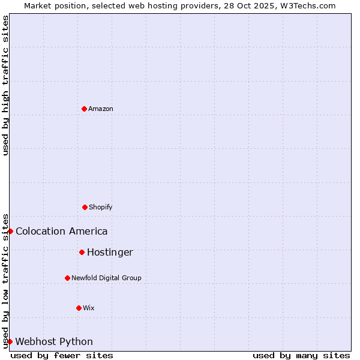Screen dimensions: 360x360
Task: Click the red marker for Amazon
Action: pyautogui.click(x=84, y=109)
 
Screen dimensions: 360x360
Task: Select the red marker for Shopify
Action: pyautogui.click(x=85, y=207)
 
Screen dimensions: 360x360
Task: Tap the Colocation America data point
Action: pyautogui.click(x=10, y=231)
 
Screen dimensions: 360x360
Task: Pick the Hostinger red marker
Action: pyautogui.click(x=82, y=252)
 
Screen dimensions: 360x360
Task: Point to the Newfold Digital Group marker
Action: pyautogui.click(x=67, y=278)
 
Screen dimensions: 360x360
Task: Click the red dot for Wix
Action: pyautogui.click(x=79, y=308)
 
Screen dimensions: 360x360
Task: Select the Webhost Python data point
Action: pyautogui.click(x=10, y=341)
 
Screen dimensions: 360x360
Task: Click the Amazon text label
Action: pyautogui.click(x=101, y=109)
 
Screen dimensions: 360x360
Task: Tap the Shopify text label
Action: pyautogui.click(x=101, y=207)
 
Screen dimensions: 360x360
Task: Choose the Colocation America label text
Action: pyautogui.click(x=62, y=231)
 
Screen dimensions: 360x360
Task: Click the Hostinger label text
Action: pyautogui.click(x=110, y=252)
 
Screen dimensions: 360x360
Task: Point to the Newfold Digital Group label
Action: pyautogui.click(x=106, y=278)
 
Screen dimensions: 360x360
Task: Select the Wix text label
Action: pyautogui.click(x=89, y=308)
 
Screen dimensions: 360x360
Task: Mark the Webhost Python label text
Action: pyautogui.click(x=54, y=341)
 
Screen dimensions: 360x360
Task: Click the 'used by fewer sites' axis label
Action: pyautogui.click(x=62, y=355)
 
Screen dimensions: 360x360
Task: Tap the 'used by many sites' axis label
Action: pyautogui.click(x=301, y=355)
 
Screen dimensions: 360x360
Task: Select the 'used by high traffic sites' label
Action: pyautogui.click(x=5, y=85)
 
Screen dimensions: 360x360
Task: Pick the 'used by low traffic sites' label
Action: pyautogui.click(x=5, y=281)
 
